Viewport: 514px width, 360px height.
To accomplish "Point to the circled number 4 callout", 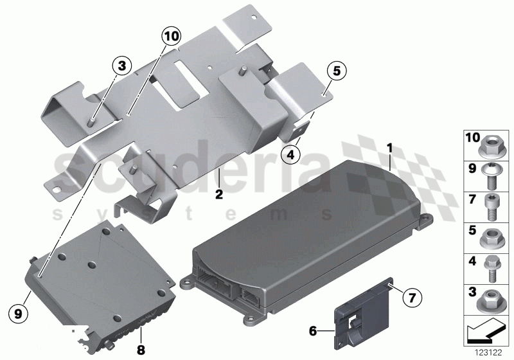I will tap(291, 154).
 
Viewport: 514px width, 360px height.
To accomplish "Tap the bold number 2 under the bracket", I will tap(218, 192).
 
